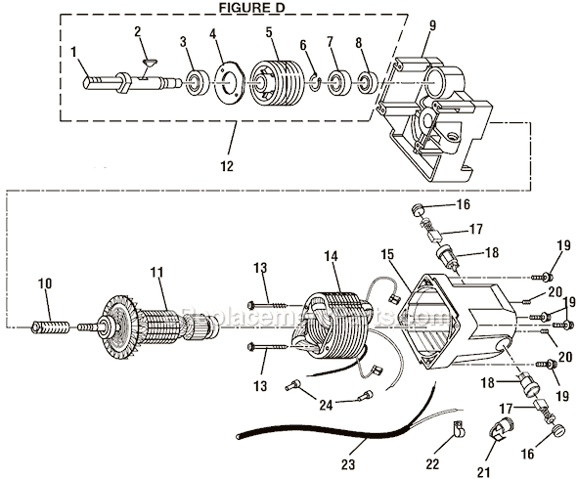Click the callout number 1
tap(72, 52)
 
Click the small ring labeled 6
tap(313, 82)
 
